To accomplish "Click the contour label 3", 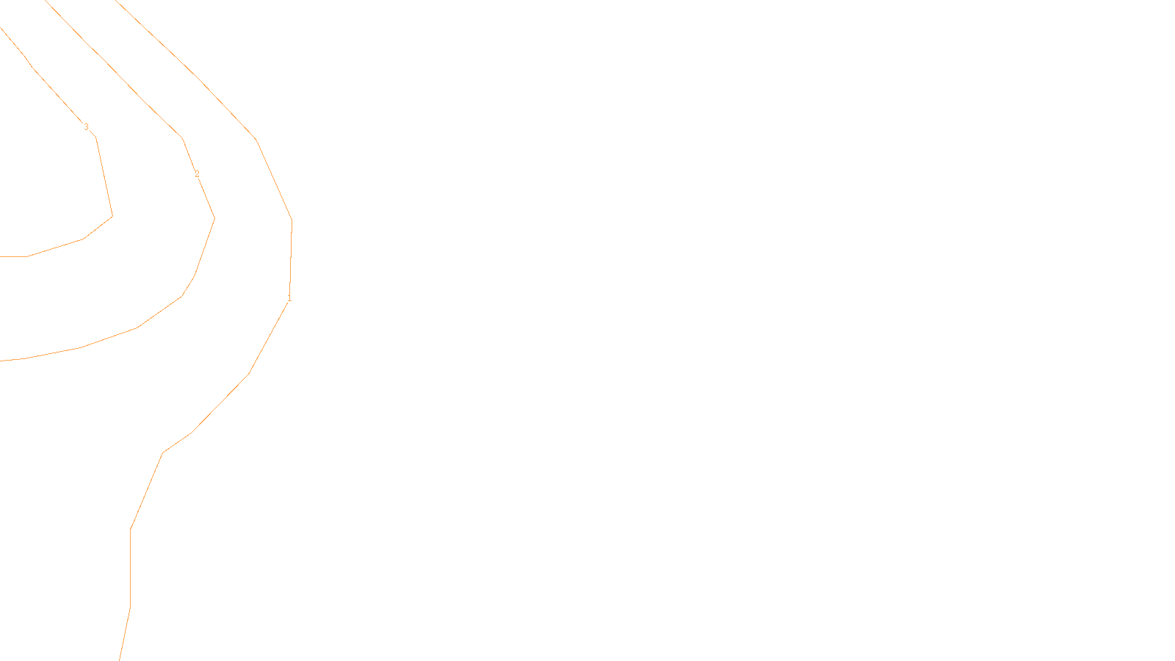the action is coord(86,127).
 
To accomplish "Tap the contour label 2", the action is coord(197,174).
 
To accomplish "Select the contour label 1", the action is coord(289,298).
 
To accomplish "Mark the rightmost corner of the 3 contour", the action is coord(112,216).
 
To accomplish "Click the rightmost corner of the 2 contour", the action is coord(214,218).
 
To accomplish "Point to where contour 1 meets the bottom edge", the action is coord(120,660).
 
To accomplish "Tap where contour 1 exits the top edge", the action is coord(116,1).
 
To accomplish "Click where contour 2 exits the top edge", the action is coord(46,1).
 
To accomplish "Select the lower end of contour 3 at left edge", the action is coord(1,256).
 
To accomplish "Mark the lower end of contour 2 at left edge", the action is coord(1,361).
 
